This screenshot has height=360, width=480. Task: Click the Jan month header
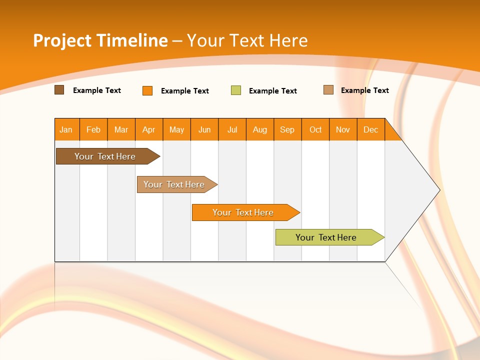[x=66, y=129]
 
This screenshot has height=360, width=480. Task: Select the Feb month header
[x=93, y=129]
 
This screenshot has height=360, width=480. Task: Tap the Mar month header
[x=121, y=129]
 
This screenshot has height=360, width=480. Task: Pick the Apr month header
[x=149, y=129]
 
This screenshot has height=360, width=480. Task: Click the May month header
[x=176, y=129]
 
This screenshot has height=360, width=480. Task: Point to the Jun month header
[x=204, y=129]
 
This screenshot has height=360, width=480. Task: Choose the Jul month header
[x=232, y=129]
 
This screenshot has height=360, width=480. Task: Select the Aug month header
[x=260, y=129]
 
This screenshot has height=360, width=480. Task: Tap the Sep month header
[x=287, y=129]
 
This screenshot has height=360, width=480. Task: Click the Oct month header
[x=315, y=129]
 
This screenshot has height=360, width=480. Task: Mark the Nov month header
[x=343, y=129]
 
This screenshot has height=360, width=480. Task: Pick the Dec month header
[x=370, y=129]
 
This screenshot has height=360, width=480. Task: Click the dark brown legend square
[x=59, y=90]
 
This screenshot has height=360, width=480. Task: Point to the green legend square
[x=236, y=90]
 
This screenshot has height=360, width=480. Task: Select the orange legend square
[x=147, y=90]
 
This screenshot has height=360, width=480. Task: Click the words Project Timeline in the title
[x=100, y=40]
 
